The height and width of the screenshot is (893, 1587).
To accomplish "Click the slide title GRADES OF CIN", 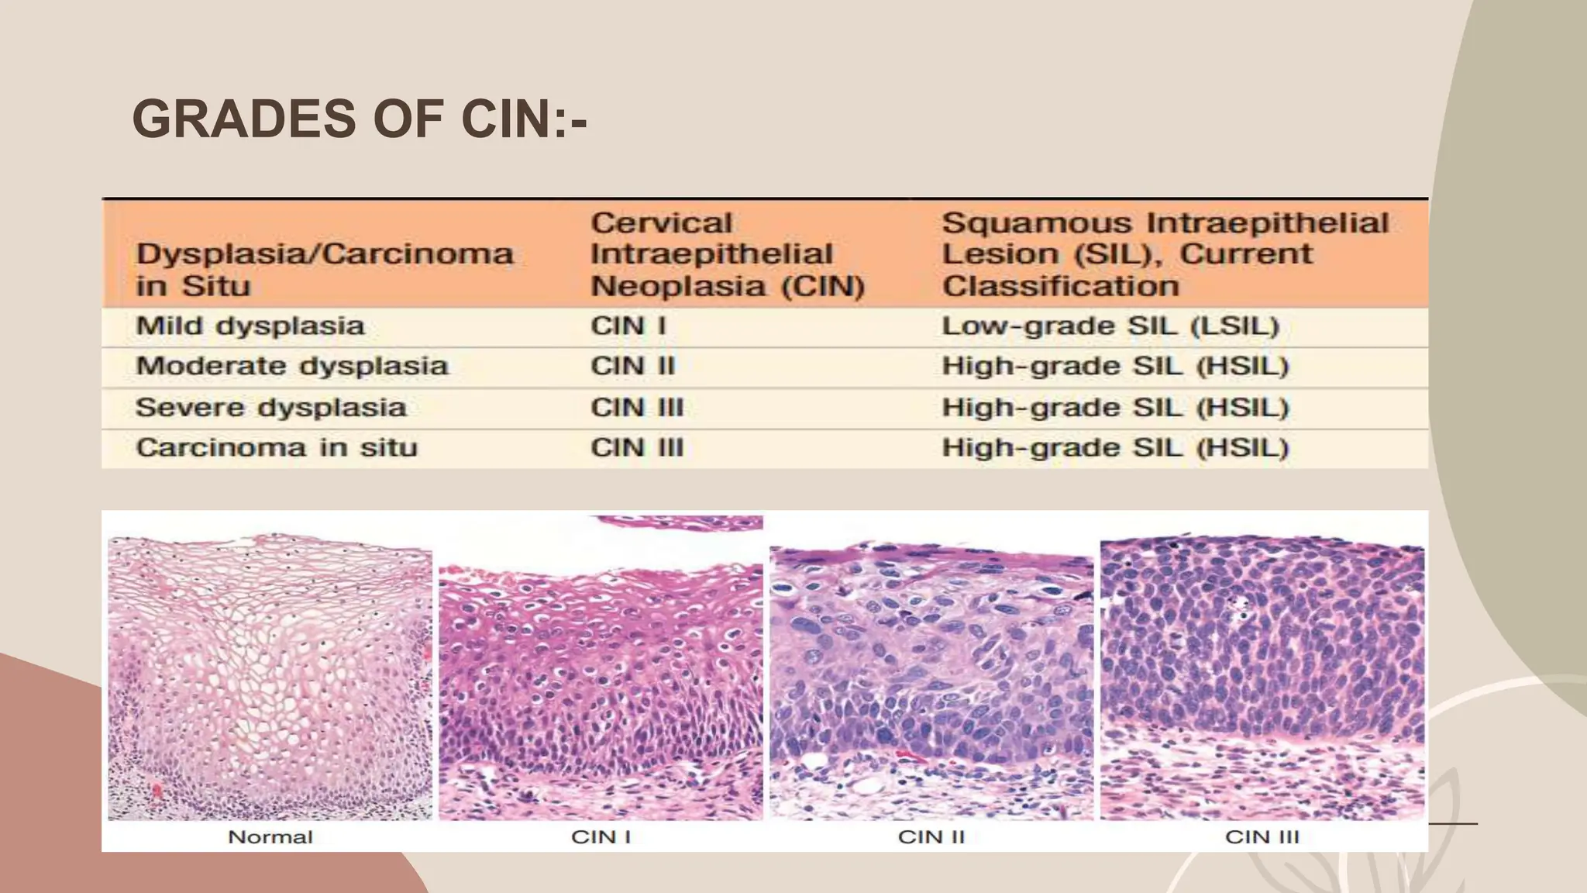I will [x=359, y=119].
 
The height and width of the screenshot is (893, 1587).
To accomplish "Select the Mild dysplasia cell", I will [x=250, y=326].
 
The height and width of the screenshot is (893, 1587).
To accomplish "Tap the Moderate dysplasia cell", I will [x=292, y=367].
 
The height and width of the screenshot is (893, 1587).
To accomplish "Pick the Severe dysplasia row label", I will [x=270, y=408].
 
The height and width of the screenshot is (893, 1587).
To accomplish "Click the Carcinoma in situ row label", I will [x=277, y=448].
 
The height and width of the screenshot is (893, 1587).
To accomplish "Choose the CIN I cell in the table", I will [x=628, y=326].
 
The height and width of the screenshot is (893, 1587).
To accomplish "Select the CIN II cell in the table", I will [x=632, y=367].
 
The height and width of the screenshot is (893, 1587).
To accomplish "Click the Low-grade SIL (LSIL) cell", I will [x=1110, y=326].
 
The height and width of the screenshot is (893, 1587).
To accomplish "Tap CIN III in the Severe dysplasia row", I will [x=637, y=408].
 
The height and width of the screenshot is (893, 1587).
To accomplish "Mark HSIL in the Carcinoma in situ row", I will [x=1114, y=448].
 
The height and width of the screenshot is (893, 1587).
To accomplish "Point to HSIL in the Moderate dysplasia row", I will [x=1114, y=367].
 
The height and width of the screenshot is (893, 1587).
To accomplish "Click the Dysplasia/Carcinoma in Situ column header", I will [x=324, y=269].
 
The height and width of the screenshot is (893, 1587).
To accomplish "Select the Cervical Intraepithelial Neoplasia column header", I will [x=727, y=254].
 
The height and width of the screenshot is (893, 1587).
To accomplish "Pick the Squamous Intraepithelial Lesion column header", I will [x=1164, y=254].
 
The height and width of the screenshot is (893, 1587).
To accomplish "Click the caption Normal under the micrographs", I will [x=270, y=837].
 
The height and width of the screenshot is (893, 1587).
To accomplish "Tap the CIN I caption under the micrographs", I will [x=601, y=837].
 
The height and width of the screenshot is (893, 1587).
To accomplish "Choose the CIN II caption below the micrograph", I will [x=931, y=837].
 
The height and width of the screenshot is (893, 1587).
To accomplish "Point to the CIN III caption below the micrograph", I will [x=1262, y=837].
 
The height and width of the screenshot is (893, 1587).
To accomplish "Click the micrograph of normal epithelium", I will [x=270, y=677].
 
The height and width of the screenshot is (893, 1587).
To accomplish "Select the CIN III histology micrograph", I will [x=1262, y=677].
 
